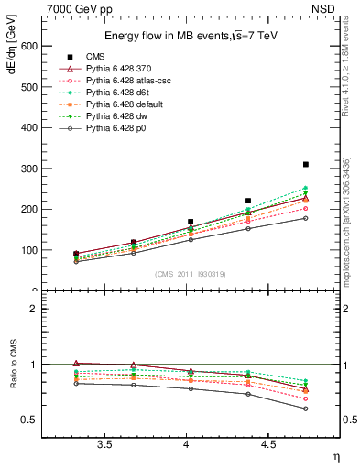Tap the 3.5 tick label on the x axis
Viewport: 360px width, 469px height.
coord(104,443)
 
